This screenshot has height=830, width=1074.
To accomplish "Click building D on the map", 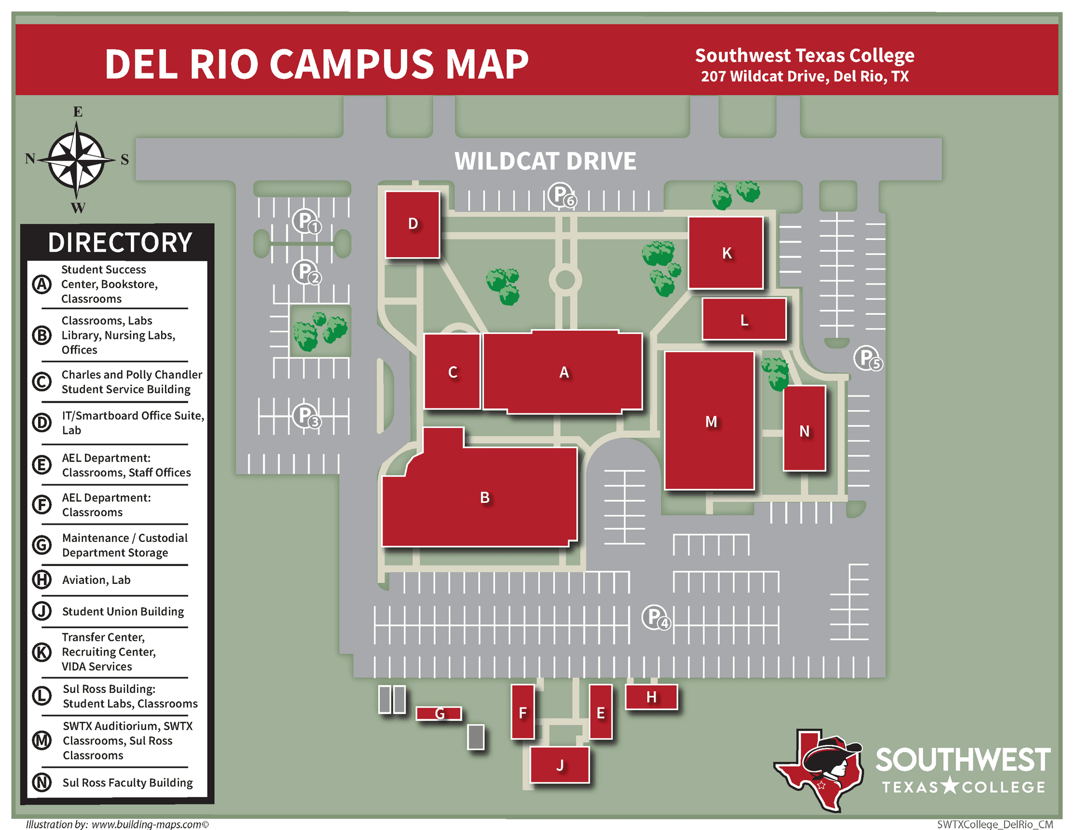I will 412,224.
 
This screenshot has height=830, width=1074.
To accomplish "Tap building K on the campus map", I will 726,253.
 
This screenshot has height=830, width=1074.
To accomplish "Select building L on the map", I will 744,319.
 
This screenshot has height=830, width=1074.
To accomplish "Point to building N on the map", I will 804,429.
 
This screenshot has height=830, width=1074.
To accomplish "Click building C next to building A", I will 452,372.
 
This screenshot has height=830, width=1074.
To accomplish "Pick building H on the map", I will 651,697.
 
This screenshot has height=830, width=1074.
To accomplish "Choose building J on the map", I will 559,765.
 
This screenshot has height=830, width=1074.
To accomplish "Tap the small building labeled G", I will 439,713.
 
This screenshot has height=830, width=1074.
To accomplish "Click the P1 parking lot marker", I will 306,221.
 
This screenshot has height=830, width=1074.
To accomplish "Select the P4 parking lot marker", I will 655,617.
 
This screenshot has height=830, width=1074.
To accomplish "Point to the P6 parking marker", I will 560,195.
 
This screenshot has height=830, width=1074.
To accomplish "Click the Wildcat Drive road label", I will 545,161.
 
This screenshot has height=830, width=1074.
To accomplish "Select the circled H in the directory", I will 42,580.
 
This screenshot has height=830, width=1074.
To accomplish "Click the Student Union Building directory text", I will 123,611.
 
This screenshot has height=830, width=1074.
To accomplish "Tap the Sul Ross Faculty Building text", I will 128,782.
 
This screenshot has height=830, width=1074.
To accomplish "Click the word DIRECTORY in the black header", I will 120,243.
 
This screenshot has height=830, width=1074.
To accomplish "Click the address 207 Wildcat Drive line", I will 804,77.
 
